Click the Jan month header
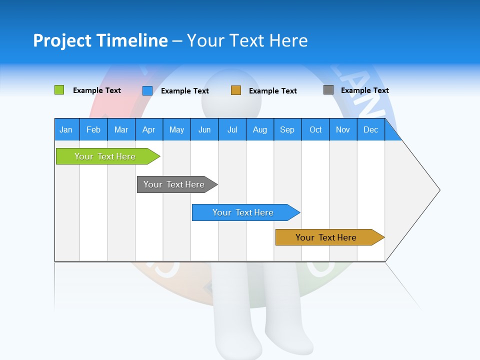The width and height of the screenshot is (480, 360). point(66,129)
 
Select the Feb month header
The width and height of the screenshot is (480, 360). point(93,129)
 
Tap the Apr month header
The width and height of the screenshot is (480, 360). point(148,129)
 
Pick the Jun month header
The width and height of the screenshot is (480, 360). point(204,129)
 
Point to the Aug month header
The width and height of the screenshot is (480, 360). point(259,129)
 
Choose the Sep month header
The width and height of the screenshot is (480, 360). point(287,129)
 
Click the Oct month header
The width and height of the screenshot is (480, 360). point(315,129)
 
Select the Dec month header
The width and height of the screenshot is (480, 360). point(370,129)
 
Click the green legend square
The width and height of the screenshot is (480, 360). point(59,90)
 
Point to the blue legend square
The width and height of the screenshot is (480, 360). point(147,90)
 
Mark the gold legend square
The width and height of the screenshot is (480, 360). point(236,90)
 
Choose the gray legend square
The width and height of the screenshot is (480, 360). point(328,90)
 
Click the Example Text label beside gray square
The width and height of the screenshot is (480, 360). point(364,90)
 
